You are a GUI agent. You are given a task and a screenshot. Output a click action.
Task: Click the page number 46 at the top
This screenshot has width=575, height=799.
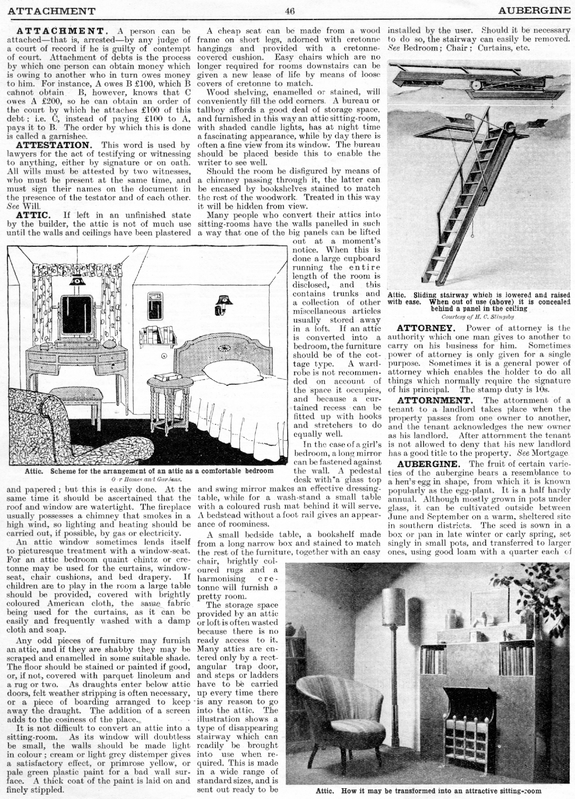290,11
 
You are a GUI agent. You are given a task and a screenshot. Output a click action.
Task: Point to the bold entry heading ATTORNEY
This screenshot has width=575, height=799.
426,328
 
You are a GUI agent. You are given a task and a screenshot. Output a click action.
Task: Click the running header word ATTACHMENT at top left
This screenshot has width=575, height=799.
51,11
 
